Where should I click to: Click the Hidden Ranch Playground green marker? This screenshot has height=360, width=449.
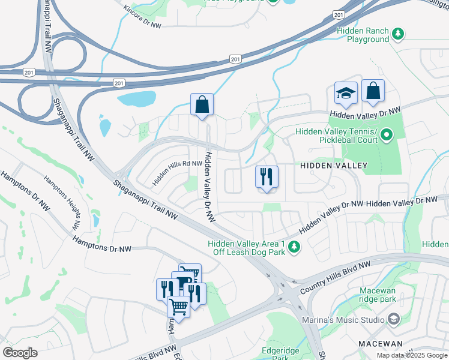pyautogui.click(x=397, y=32)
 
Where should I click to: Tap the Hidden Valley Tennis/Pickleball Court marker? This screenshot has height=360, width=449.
pyautogui.click(x=387, y=136)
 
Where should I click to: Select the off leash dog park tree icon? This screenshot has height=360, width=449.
pyautogui.click(x=294, y=248)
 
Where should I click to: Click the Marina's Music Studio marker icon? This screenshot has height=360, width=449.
pyautogui.click(x=394, y=318)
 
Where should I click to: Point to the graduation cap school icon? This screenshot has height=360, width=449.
pyautogui.click(x=346, y=93)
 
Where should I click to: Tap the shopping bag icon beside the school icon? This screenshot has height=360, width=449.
pyautogui.click(x=373, y=91)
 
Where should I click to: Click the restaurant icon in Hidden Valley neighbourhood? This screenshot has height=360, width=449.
pyautogui.click(x=266, y=177)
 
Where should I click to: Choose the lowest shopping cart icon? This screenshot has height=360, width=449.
pyautogui.click(x=179, y=306)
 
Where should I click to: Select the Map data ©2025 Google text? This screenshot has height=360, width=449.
pyautogui.click(x=411, y=355)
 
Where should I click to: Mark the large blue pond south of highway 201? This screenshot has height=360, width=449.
pyautogui.click(x=136, y=98)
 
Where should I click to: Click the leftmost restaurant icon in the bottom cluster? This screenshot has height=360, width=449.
pyautogui.click(x=165, y=289)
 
